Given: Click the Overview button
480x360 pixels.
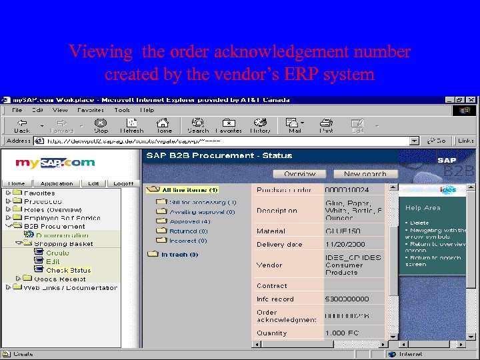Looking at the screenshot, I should click(x=300, y=173).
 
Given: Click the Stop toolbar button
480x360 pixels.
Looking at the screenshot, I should click(x=101, y=125).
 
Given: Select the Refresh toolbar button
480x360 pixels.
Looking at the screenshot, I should click(x=131, y=125).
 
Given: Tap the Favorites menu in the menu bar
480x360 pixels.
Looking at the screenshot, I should click(x=90, y=110).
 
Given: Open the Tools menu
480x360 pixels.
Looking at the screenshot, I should click(x=122, y=110).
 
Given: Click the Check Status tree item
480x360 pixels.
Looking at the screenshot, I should click(x=68, y=270).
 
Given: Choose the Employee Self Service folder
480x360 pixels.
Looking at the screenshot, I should click(x=62, y=218).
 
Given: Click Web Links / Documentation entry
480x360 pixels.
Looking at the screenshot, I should click(x=70, y=288).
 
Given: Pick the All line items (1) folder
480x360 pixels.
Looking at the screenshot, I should click(x=189, y=190).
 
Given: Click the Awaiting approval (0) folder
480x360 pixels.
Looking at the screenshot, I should click(x=202, y=212).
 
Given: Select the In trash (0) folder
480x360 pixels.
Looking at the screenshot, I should click(x=179, y=255).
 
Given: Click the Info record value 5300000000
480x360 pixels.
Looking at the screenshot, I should click(x=347, y=299).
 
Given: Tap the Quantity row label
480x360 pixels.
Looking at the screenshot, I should click(x=272, y=333).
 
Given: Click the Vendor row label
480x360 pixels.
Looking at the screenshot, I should click(x=269, y=265).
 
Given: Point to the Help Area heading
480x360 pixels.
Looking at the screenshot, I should click(x=423, y=208).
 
